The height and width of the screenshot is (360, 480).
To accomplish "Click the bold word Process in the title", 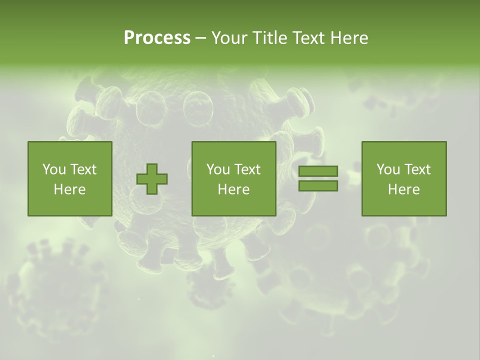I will tap(157, 38).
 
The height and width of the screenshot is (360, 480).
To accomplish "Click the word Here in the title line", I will tap(349, 38).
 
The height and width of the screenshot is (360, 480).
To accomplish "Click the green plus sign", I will tap(152, 179).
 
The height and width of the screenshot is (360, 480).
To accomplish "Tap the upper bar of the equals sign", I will tap(318, 171).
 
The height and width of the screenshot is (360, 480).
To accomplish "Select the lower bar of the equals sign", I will tap(318, 186).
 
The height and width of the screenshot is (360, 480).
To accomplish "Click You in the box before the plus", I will tap(54, 169).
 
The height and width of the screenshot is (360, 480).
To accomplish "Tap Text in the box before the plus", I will tap(82, 169).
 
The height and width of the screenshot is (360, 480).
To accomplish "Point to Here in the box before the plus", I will tap(70, 189).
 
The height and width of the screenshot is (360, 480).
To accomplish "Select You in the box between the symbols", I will tap(218, 169).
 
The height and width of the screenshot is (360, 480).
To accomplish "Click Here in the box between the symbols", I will tap(234, 189).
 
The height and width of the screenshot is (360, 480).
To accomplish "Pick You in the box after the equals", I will tap(388, 169).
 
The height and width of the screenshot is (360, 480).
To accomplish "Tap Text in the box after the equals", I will tap(416, 169).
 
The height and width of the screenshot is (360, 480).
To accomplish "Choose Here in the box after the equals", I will tap(404, 189).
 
